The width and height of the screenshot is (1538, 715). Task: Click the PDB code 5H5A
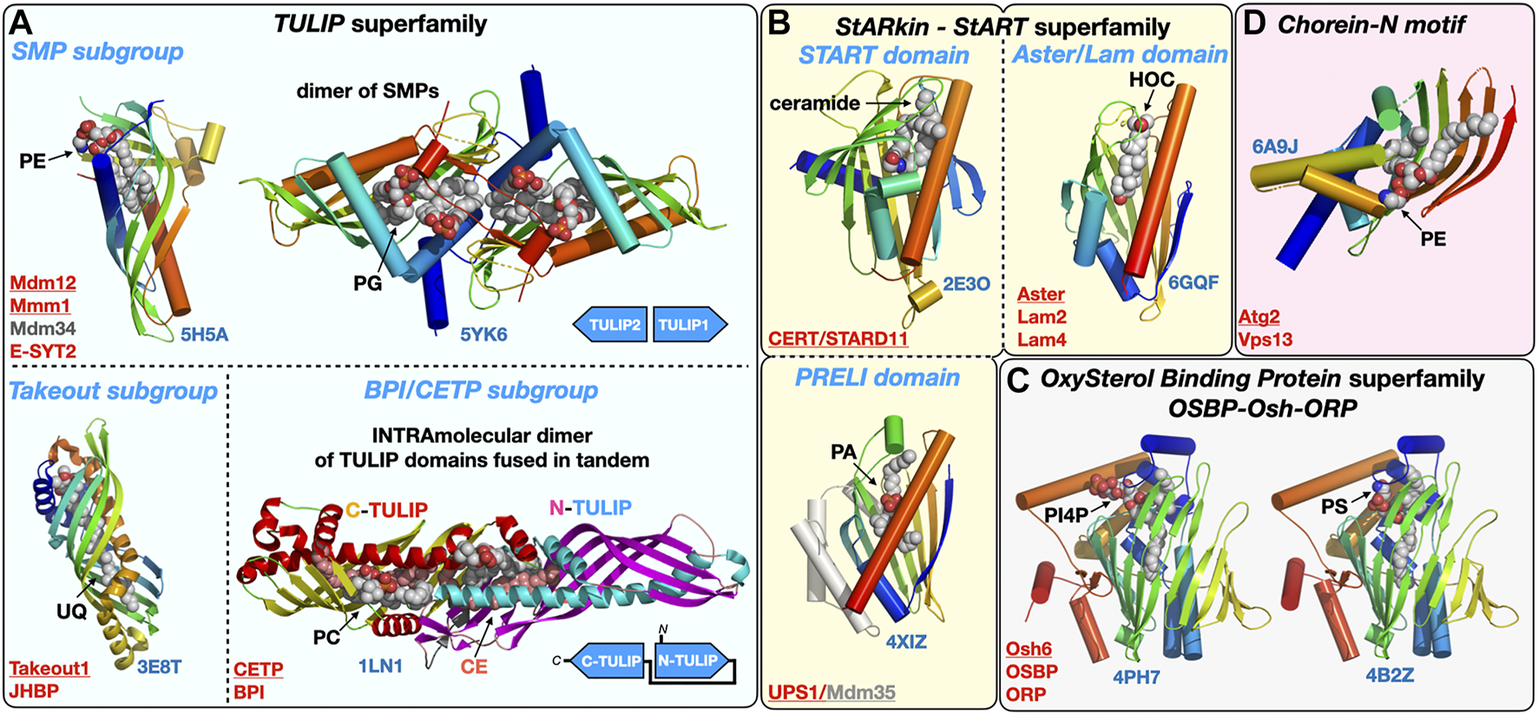point(204,334)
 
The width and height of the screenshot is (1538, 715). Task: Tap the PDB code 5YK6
point(483,334)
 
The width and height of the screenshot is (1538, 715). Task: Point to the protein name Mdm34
point(43,328)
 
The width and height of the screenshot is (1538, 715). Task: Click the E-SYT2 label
point(43,351)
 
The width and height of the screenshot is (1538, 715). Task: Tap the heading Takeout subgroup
point(113,391)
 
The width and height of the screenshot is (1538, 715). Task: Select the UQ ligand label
point(71,612)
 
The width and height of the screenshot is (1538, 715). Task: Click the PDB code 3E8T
point(160,667)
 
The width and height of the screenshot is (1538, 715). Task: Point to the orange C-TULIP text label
point(386,510)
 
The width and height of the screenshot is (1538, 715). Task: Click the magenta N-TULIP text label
point(590,507)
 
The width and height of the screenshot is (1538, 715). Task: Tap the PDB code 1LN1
point(380,666)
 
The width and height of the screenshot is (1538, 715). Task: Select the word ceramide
point(814,103)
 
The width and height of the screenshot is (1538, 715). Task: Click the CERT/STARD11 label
point(838,339)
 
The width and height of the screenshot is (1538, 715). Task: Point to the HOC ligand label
point(1151,80)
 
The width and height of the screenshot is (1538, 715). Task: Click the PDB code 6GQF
point(1193,282)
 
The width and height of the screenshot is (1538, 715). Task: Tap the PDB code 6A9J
point(1275,146)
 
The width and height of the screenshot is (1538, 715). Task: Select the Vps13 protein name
point(1265,340)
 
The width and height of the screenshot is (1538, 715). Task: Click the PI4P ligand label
point(1066,515)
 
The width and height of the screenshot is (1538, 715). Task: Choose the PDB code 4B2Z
point(1390,675)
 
